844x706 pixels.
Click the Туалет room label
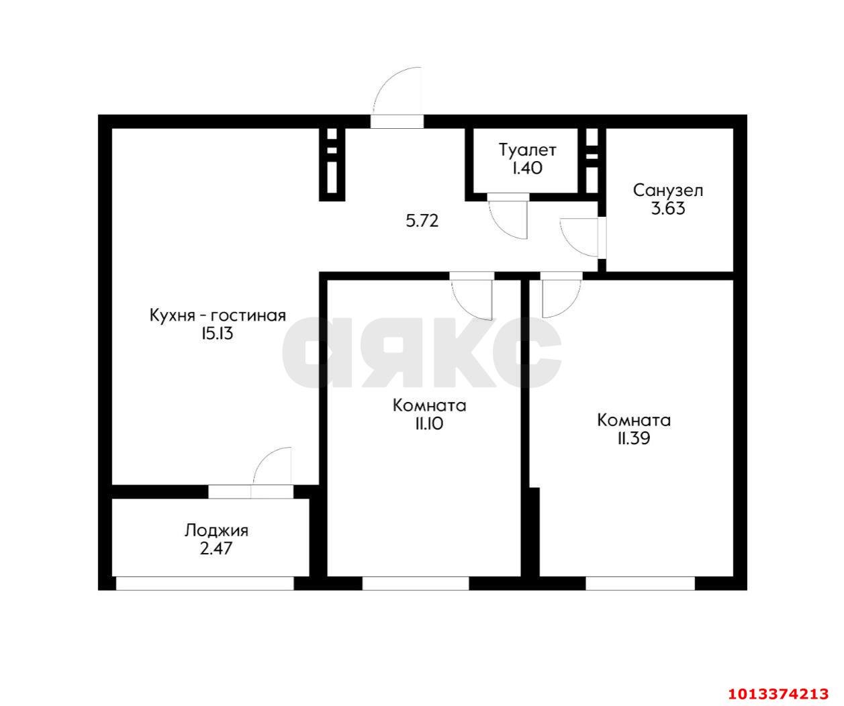527,150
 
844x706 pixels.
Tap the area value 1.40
527,168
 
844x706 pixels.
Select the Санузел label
667,191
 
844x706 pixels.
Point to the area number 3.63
667,208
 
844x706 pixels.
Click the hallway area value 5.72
422,221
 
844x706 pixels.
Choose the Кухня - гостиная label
218,315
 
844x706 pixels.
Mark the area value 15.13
216,334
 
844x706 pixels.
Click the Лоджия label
216,531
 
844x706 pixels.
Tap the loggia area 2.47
216,548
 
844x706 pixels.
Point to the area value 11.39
633,438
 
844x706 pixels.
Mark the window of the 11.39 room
640,583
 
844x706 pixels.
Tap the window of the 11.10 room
416,583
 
